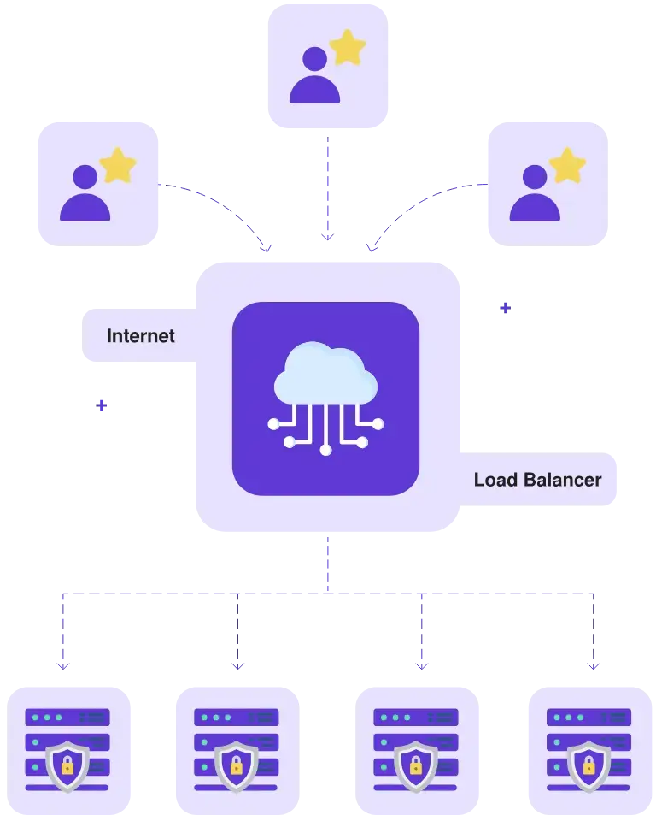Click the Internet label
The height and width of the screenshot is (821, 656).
click(x=140, y=336)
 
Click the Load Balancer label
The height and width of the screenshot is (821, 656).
click(x=537, y=480)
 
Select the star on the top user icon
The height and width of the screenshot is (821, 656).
click(x=348, y=49)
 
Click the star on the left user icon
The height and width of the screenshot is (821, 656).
click(x=118, y=165)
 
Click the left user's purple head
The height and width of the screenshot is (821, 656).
click(x=85, y=177)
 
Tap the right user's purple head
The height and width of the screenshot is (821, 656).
click(x=535, y=177)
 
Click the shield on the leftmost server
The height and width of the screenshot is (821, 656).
click(x=67, y=765)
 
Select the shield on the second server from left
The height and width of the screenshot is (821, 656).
click(x=237, y=765)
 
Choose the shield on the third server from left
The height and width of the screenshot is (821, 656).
click(x=417, y=765)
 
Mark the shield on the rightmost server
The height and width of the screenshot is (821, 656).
click(x=589, y=765)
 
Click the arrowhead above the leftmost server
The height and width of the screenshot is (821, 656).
click(x=64, y=663)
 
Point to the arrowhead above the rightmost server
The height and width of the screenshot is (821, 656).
click(x=591, y=663)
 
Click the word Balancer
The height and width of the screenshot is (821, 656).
click(x=562, y=480)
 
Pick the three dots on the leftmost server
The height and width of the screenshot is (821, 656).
click(x=46, y=718)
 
